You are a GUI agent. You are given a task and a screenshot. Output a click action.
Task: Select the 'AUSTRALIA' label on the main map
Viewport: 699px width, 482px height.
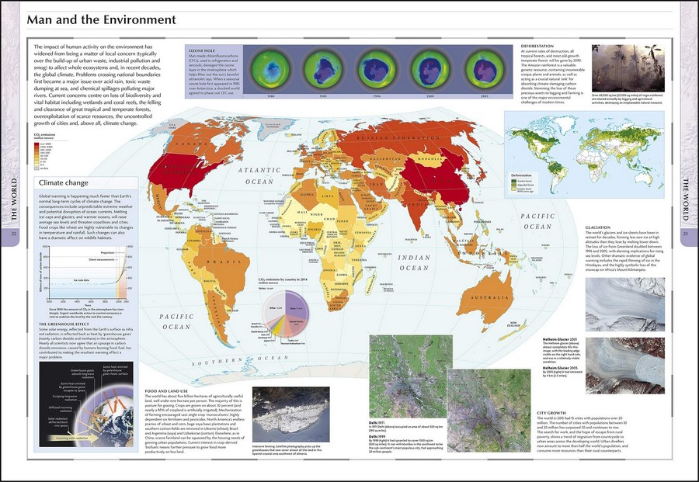tap(487, 297)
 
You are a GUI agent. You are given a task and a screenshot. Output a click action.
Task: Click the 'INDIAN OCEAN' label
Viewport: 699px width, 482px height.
tap(414, 262)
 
